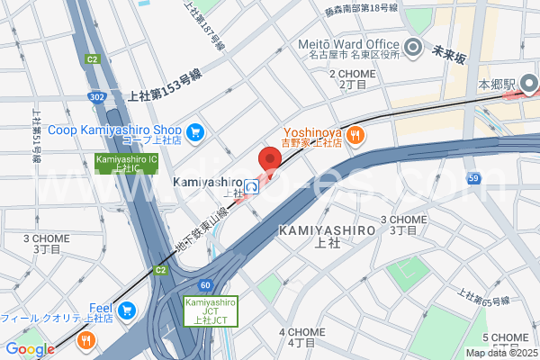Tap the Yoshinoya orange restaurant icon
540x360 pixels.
356,135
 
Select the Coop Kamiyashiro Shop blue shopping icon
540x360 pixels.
196,132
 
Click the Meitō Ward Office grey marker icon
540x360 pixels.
413,48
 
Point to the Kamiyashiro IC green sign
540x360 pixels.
126,163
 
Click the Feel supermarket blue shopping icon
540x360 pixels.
126,310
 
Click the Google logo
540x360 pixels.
29,349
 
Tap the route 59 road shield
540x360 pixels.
473,179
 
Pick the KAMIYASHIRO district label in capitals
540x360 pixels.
327,230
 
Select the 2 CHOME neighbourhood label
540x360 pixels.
353,74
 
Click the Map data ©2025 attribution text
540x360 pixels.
500,353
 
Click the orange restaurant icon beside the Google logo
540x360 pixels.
85,340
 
